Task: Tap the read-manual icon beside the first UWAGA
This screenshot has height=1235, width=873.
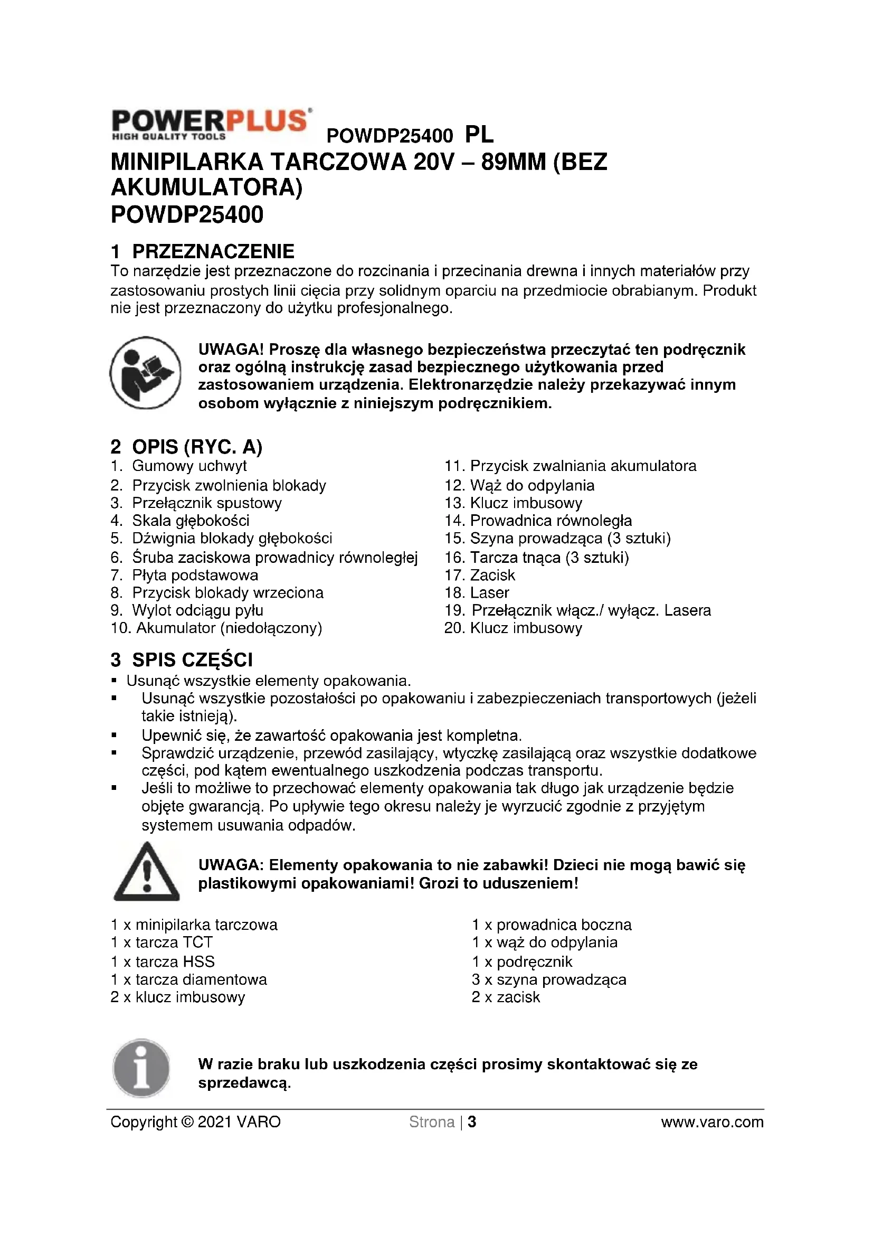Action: (x=146, y=373)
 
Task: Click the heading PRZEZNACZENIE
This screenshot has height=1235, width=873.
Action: (x=213, y=251)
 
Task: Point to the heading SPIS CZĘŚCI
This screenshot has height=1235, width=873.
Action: (x=192, y=660)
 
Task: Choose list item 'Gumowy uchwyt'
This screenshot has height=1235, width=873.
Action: (x=189, y=466)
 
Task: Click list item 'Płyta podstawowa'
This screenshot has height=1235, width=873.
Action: (x=195, y=576)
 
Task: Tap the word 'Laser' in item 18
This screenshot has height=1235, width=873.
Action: (x=489, y=593)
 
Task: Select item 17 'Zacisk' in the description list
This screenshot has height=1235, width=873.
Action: (x=492, y=576)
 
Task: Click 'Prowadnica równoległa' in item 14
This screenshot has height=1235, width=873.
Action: (x=551, y=521)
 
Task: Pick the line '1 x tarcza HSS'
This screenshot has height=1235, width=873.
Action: (x=163, y=961)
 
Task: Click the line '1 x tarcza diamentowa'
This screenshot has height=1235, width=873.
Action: (x=188, y=979)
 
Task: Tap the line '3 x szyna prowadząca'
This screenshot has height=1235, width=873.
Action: (x=549, y=979)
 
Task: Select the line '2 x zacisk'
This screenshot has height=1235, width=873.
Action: (x=505, y=997)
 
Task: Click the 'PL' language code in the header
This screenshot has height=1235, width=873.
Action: (x=479, y=135)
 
